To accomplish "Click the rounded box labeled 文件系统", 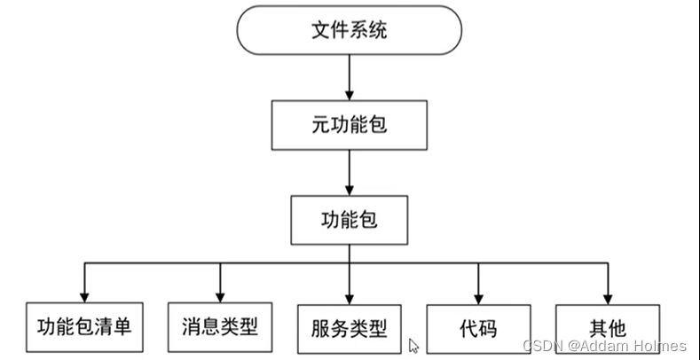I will point(349,31).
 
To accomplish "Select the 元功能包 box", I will point(349,125).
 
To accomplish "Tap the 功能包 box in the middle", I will point(349,219).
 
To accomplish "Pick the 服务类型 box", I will point(349,329).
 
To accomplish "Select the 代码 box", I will point(478,329).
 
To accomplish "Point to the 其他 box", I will point(608,329).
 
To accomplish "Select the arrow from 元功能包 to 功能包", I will point(349,173).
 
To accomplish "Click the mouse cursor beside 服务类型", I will point(413,346).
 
